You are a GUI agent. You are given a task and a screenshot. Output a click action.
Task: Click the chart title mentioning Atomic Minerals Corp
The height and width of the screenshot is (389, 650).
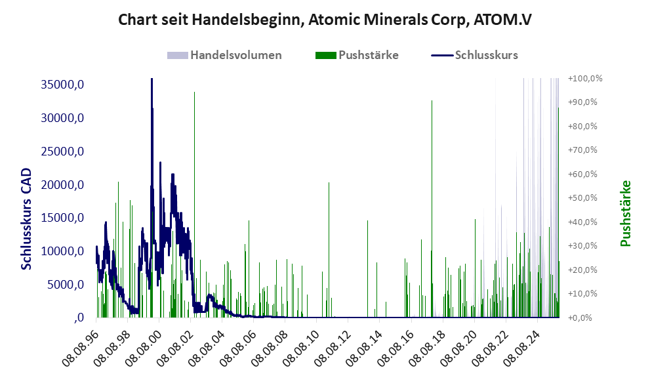coord(325,20)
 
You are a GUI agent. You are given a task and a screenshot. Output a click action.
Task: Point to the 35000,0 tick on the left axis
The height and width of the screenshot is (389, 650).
coord(58,85)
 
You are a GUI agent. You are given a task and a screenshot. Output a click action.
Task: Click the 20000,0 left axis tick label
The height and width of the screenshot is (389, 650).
coord(58,185)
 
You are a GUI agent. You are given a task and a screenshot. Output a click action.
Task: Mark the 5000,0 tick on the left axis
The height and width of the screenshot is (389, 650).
coord(62,285)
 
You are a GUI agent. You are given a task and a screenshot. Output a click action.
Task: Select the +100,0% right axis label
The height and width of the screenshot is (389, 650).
coord(585,78)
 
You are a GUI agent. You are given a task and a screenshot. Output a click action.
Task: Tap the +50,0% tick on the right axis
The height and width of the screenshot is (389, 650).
coord(585,197)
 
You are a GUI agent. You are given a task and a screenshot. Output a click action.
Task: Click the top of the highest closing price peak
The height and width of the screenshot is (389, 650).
coord(152,79)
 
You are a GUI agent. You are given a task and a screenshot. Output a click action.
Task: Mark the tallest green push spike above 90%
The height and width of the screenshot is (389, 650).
coord(194,93)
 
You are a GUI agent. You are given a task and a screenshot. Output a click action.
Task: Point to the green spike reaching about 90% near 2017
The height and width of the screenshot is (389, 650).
coord(432,102)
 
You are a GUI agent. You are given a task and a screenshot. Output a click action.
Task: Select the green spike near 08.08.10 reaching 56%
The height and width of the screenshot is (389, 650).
coord(329,184)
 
